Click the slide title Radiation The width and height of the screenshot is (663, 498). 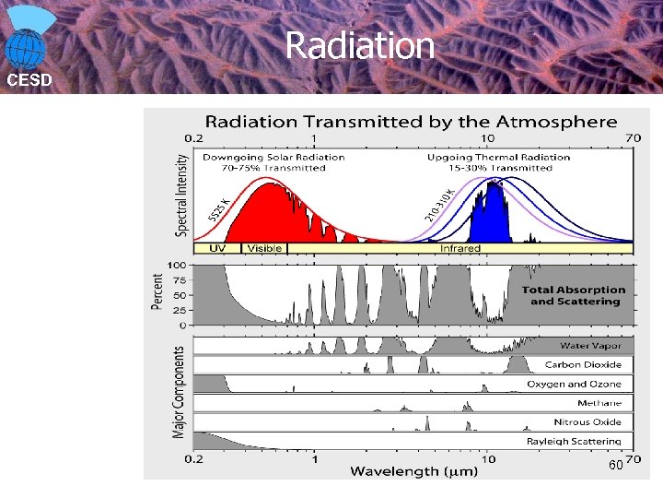point(359,45)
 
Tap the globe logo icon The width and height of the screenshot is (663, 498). point(28,39)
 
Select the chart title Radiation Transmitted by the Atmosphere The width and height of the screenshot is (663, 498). point(411,122)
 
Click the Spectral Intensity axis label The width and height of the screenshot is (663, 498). point(181,195)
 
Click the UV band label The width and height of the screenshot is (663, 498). point(217,248)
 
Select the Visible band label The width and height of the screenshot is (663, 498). point(264,248)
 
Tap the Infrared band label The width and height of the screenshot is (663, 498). point(459,248)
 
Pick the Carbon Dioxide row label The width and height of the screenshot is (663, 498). point(583,364)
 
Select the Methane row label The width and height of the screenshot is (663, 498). point(599,403)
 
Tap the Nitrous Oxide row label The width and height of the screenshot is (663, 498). point(587,421)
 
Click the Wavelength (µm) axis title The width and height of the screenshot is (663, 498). point(411,471)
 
